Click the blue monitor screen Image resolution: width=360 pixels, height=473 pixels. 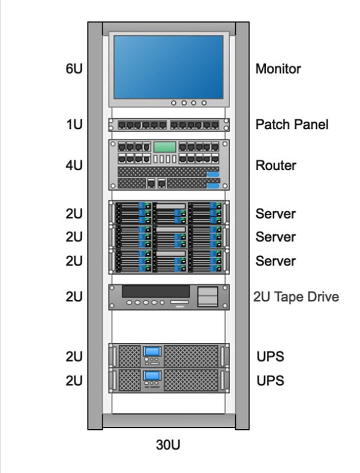169,66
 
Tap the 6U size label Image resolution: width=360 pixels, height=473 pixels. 73,69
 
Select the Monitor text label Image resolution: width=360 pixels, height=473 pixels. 278,69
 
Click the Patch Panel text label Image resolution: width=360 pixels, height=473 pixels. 292,125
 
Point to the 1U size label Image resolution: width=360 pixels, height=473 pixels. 73,125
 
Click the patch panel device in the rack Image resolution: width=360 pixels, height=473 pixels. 169,125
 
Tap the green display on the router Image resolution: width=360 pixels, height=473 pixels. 164,147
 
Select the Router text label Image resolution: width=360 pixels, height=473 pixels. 275,165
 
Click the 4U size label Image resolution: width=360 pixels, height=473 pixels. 73,165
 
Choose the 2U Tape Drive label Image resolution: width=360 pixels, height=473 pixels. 296,297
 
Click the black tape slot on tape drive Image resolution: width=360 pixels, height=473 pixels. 156,291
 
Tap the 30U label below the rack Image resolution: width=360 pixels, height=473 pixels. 168,445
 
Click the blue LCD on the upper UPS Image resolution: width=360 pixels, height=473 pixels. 152,351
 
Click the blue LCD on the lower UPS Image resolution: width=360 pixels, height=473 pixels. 152,376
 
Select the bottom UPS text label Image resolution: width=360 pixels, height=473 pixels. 269,381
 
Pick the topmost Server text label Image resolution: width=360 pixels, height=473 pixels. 275,213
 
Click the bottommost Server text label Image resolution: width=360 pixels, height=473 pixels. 275,261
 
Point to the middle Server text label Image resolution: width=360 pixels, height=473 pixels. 275,237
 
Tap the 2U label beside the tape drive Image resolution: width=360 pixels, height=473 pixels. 73,297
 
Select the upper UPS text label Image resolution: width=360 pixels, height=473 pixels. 269,357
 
